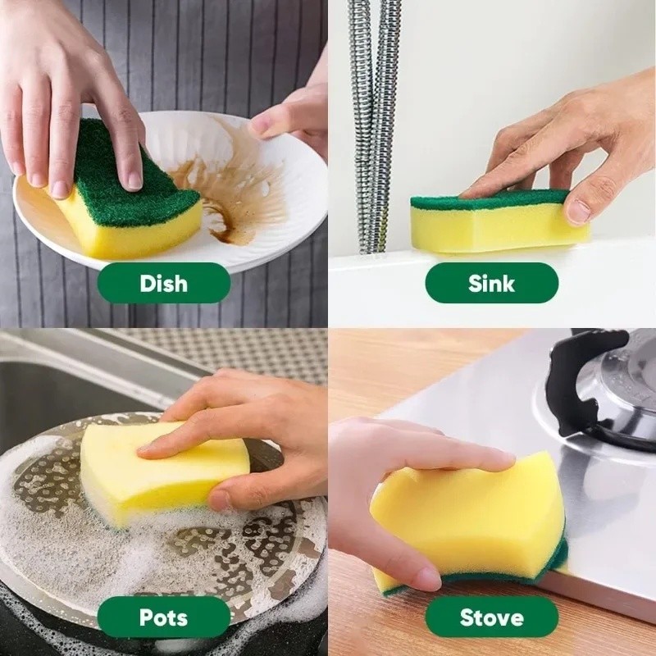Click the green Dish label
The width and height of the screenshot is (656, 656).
tap(164, 283)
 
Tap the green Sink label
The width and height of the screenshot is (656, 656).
tap(491, 283)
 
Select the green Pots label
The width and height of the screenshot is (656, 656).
tap(164, 617)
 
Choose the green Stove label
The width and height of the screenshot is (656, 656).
tap(491, 617)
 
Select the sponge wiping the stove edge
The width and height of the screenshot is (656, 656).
tap(468, 523)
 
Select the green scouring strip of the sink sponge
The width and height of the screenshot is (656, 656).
tap(490, 200)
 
